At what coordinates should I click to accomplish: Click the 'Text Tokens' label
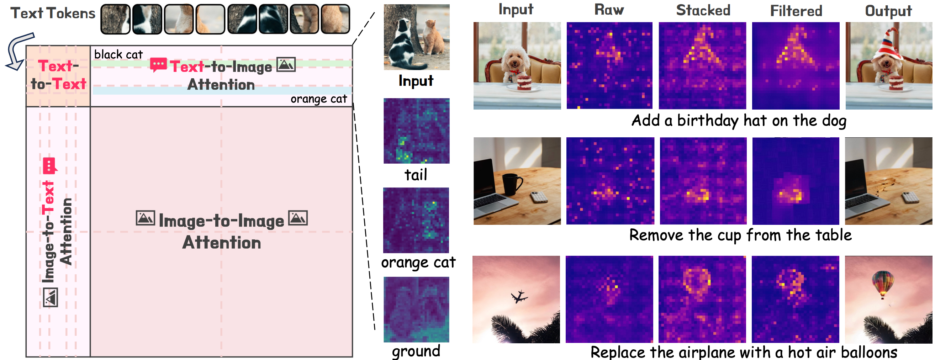[x=53, y=14]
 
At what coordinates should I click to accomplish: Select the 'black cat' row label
[x=118, y=54]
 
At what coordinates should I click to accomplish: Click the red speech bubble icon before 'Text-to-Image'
[x=158, y=65]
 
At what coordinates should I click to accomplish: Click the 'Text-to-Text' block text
[x=58, y=75]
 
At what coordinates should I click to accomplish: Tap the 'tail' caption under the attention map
[x=416, y=175]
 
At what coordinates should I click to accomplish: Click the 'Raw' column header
[x=609, y=10]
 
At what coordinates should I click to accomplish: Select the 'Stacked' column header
[x=703, y=10]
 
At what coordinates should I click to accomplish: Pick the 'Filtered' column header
[x=796, y=11]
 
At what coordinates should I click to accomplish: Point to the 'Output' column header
[x=888, y=11]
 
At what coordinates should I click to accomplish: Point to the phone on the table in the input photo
[x=539, y=197]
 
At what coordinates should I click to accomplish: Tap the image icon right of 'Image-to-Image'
[x=298, y=218]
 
